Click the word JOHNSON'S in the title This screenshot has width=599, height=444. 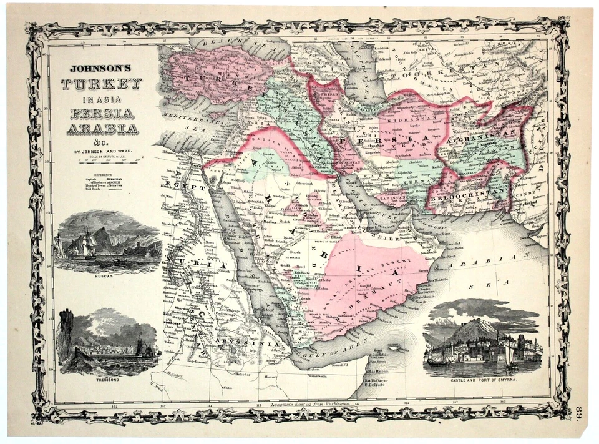tap(104, 69)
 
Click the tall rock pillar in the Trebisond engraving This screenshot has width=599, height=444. tap(66, 334)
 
